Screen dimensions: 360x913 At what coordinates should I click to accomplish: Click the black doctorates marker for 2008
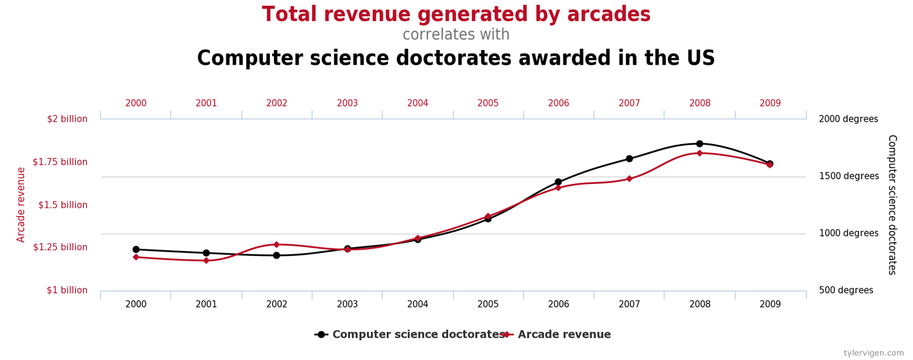(x=699, y=144)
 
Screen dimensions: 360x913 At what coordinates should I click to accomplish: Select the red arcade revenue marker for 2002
(x=276, y=245)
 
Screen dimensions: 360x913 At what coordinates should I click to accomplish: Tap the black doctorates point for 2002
(x=276, y=255)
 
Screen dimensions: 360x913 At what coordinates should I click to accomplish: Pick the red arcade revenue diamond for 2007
(x=629, y=179)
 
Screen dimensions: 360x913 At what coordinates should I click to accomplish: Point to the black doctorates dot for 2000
(x=136, y=250)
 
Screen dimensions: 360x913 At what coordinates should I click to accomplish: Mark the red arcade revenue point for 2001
(x=206, y=260)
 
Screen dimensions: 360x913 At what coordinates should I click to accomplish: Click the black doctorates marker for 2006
(x=559, y=182)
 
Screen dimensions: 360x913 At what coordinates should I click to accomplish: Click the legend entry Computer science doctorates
(x=418, y=335)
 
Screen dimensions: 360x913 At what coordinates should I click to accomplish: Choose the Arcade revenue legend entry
(x=564, y=335)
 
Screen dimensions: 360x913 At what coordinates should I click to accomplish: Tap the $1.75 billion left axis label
(x=60, y=162)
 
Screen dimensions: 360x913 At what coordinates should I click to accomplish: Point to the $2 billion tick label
(x=67, y=119)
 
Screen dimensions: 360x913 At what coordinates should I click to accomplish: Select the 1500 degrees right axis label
(x=848, y=176)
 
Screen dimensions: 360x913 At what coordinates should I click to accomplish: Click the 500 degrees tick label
(x=846, y=290)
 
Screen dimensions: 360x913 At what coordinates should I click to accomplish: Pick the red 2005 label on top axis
(x=488, y=103)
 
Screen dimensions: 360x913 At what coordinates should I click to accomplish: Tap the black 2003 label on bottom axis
(x=347, y=304)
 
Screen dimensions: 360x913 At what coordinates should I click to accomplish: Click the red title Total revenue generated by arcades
(x=456, y=15)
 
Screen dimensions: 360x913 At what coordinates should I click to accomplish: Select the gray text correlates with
(x=456, y=35)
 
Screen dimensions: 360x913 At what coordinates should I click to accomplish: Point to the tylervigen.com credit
(x=874, y=353)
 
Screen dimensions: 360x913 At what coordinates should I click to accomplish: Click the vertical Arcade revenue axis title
(x=21, y=205)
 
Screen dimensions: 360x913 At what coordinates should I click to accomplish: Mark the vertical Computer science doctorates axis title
(x=891, y=205)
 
